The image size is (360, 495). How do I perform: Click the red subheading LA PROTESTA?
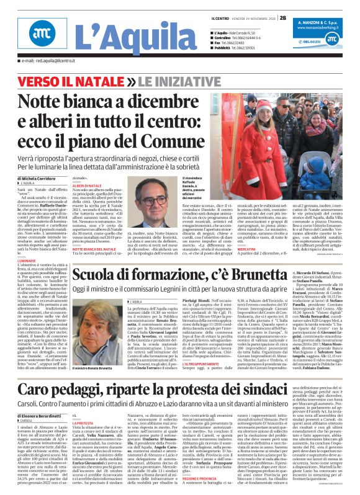(84, 423)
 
